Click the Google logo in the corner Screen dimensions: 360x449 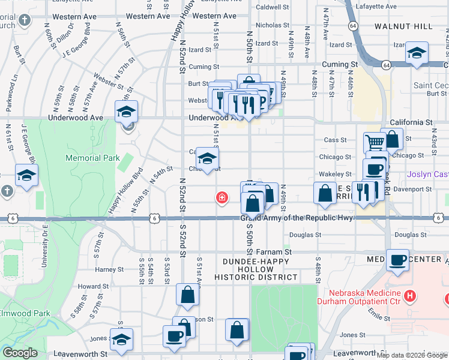click(20, 353)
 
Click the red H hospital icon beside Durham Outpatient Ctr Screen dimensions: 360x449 click(410, 295)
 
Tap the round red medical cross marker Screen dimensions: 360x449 click(222, 197)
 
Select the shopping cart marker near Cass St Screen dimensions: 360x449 click(375, 143)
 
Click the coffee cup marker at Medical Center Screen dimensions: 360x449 click(397, 260)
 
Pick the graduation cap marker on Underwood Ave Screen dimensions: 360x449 click(127, 111)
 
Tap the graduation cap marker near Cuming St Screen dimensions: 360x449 click(417, 53)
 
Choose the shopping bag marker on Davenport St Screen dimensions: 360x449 click(325, 193)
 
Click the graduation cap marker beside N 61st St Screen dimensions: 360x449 click(26, 175)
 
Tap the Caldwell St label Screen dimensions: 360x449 click(273, 7)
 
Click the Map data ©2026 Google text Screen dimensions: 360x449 click(411, 355)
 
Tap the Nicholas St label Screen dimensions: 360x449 click(273, 25)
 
